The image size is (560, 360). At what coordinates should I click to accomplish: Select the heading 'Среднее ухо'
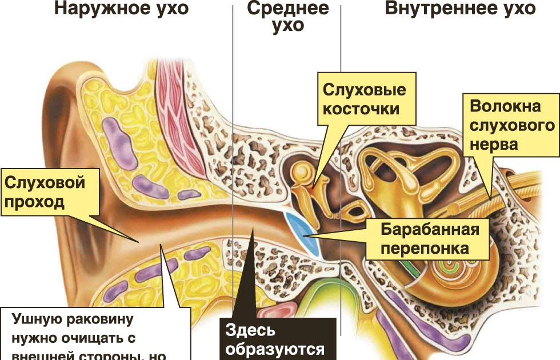coord(287,17)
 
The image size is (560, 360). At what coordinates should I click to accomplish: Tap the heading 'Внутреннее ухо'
coord(459,9)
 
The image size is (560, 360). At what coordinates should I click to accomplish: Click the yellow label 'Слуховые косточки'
coord(364,99)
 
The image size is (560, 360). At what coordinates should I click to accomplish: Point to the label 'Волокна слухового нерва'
coord(512,125)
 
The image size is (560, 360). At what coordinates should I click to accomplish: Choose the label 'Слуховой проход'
coord(46,193)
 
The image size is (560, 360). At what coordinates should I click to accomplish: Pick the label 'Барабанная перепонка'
coord(429,239)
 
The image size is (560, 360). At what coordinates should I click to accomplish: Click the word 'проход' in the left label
coord(35,202)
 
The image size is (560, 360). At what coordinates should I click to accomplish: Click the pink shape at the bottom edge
coord(277,311)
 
